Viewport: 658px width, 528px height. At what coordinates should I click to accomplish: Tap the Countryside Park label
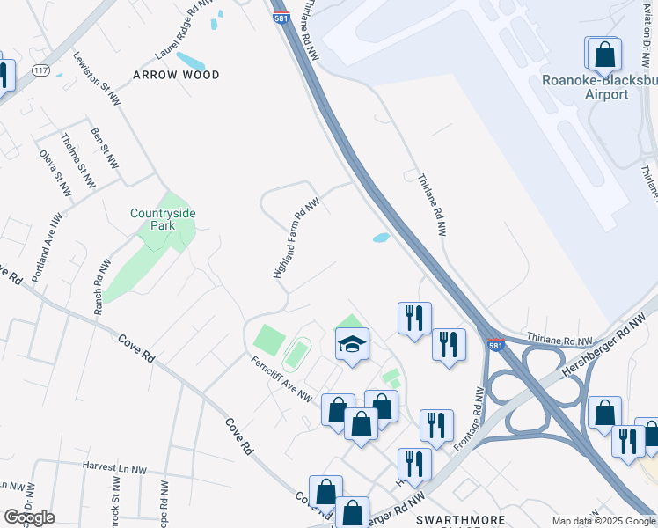(163, 218)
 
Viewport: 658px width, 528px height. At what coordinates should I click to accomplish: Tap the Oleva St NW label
(55, 172)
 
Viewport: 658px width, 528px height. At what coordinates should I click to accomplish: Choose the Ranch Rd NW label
(104, 286)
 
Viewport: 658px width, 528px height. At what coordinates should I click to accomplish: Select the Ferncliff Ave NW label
(281, 378)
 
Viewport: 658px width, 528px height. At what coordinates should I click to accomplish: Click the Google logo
(29, 517)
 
